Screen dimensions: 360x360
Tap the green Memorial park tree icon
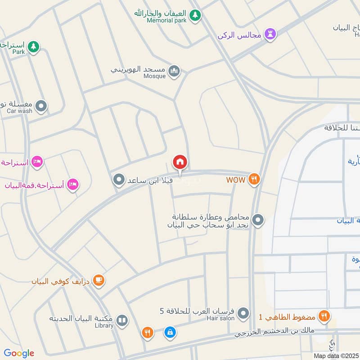(x=194, y=15)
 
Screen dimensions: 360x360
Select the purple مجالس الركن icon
(x=270, y=34)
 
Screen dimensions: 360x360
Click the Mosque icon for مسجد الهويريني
(x=174, y=71)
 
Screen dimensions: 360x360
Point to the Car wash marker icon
(x=41, y=106)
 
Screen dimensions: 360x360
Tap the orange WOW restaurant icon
(x=254, y=179)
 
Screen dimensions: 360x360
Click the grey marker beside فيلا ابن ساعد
(x=119, y=180)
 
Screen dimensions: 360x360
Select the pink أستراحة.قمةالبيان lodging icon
(x=73, y=184)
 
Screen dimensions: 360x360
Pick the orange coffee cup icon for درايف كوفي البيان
(x=99, y=281)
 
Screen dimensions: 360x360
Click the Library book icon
(x=122, y=320)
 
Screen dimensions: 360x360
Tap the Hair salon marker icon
(x=243, y=312)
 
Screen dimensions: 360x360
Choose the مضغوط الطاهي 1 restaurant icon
(x=324, y=316)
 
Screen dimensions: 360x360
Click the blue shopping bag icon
(x=170, y=333)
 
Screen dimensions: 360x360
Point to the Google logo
(x=19, y=353)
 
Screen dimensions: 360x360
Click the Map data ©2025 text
(x=335, y=355)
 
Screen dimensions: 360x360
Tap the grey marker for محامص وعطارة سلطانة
(x=258, y=220)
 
